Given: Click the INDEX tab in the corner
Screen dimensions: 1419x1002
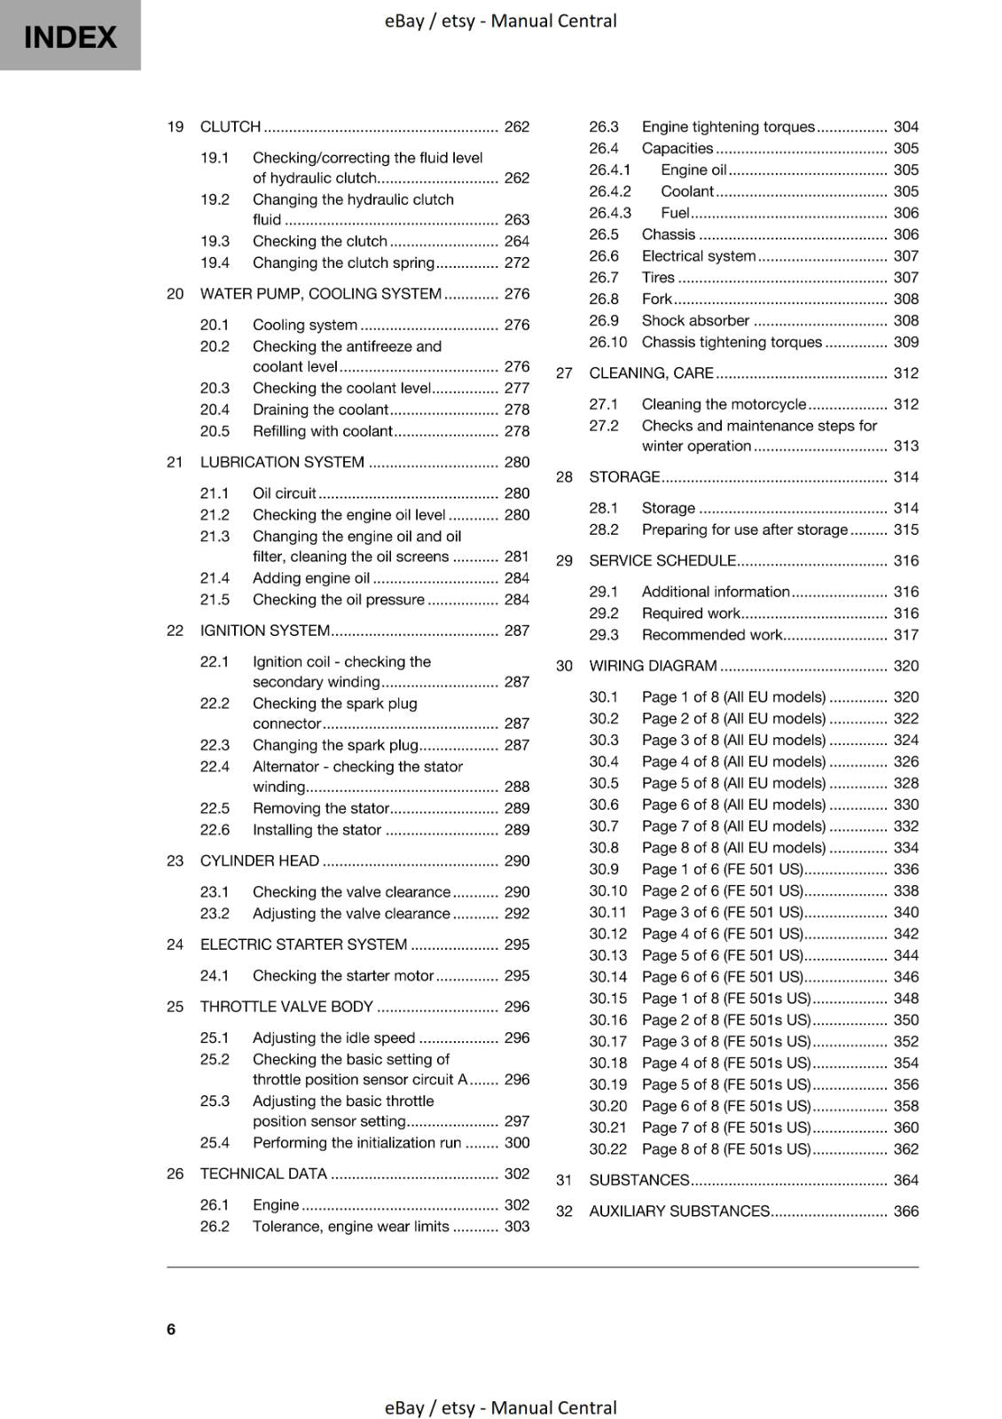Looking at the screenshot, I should tap(70, 35).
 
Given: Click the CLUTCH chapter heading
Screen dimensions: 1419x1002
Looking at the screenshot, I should tap(231, 127).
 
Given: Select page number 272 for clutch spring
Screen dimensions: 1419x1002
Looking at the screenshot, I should tap(516, 263).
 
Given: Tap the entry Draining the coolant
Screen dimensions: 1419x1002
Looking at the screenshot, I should tap(320, 410).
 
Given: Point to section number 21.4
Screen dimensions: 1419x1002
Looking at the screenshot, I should tap(215, 578).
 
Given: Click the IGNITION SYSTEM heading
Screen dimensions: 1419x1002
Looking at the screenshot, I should tap(265, 631).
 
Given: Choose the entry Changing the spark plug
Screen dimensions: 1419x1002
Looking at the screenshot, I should tap(335, 745).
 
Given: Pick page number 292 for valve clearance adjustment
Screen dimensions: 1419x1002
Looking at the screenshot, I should tap(516, 913).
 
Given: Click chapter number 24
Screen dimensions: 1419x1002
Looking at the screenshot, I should tap(175, 945).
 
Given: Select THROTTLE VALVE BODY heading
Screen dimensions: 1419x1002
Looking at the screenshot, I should tap(286, 1007).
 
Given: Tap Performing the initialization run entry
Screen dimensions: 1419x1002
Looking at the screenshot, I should tap(356, 1143).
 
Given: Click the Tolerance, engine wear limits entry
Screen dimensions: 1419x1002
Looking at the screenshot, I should tap(350, 1227).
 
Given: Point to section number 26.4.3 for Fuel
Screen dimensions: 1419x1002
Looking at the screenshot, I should tap(610, 213).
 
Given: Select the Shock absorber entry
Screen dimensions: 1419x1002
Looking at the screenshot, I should tap(695, 321).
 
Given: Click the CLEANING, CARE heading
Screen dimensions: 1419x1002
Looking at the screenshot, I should tap(651, 373).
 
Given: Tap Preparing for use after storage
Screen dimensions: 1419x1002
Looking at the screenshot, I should tap(744, 529).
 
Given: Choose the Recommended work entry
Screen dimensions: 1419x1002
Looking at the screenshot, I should tap(712, 635).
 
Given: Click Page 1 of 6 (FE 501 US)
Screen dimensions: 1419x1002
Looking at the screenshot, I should tap(722, 869).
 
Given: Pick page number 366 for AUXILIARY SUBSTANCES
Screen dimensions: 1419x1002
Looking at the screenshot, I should tap(905, 1211).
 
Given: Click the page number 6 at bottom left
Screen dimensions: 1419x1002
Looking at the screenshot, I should tap(171, 1329).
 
